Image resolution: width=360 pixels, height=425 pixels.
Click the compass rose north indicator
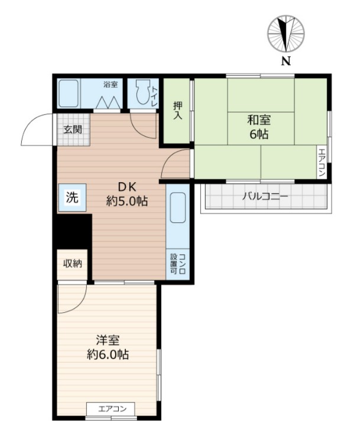[x=286, y=33]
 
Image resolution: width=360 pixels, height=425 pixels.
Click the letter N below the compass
[x=286, y=61]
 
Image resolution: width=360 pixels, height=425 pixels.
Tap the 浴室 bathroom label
[x=110, y=85]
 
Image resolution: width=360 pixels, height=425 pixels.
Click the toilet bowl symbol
[x=142, y=93]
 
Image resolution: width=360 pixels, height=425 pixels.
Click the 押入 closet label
[x=177, y=111]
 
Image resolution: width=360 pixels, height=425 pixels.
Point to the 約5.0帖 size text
[x=127, y=201]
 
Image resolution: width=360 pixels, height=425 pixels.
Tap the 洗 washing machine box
[x=72, y=197]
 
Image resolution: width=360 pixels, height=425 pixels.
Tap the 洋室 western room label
[x=108, y=340]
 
